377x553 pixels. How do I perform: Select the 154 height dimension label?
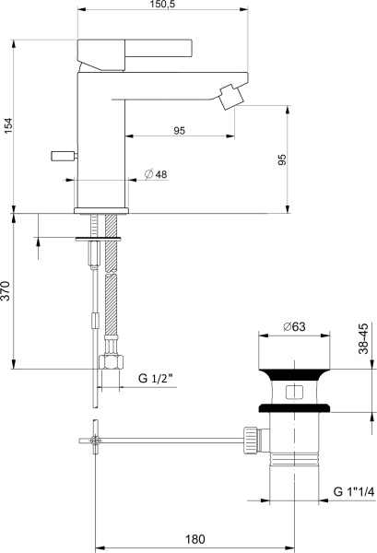click(x=9, y=127)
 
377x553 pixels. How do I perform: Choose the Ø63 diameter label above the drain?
click(x=294, y=326)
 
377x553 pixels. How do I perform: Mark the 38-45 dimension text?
click(x=365, y=339)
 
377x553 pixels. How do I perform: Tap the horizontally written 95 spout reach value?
click(x=180, y=131)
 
